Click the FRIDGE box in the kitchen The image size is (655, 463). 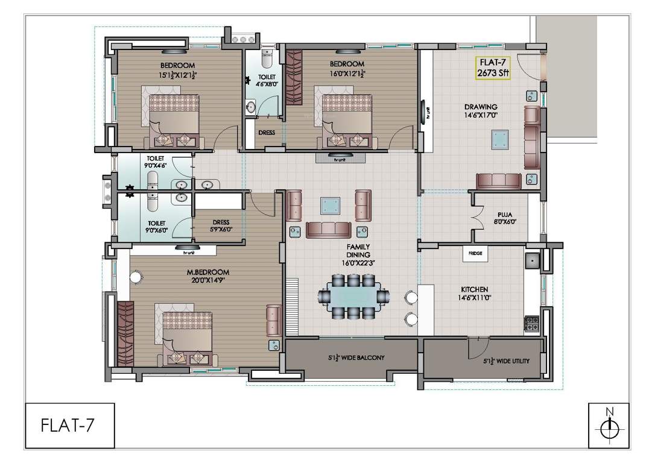[x=475, y=253]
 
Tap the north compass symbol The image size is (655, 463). [x=609, y=426]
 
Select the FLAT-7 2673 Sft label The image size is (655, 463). [x=493, y=68]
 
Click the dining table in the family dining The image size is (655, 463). [x=354, y=297]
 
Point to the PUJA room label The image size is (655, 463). [x=505, y=218]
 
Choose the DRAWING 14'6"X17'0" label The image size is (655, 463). [x=481, y=111]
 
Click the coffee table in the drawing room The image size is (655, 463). [x=500, y=139]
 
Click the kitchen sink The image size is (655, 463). [x=533, y=262]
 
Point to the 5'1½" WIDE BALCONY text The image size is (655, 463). [x=356, y=357]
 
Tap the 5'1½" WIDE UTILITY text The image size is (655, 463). [x=506, y=361]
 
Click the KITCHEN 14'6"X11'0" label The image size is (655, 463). [x=475, y=294]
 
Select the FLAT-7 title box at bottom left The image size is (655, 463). [x=70, y=426]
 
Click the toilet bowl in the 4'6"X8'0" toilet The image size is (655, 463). [x=266, y=59]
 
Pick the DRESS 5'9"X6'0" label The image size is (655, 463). [x=221, y=226]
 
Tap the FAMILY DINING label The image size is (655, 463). [x=358, y=251]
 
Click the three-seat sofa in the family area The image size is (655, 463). [x=328, y=230]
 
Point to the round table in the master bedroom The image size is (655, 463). [x=136, y=277]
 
